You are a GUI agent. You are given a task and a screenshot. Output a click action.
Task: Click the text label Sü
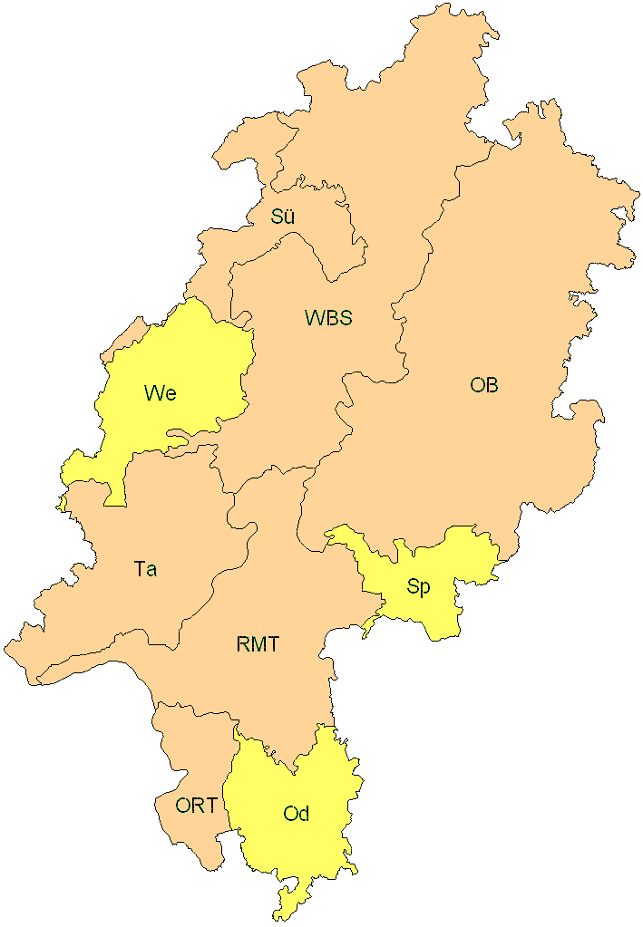tap(283, 217)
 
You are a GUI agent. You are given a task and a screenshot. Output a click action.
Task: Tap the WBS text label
tap(328, 318)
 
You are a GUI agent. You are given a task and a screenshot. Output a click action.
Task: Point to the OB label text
tap(484, 385)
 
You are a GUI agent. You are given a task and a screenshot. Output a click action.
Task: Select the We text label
tap(160, 393)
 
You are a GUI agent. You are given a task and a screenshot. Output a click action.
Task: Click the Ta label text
tap(145, 569)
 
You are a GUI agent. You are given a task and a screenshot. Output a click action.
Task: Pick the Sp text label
tap(418, 587)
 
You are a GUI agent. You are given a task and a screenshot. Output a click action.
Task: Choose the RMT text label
tap(258, 645)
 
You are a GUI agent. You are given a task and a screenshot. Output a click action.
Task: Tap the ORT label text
tap(196, 805)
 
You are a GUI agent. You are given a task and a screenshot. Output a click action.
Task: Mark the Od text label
tap(297, 814)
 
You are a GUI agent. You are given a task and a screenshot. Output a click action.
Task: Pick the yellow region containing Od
tap(308, 852)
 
